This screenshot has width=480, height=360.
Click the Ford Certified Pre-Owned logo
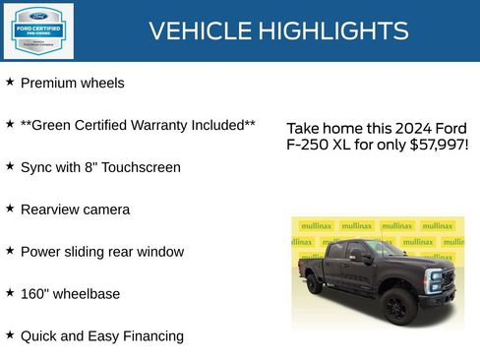(x=38, y=30)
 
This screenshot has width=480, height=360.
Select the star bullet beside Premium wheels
(x=10, y=83)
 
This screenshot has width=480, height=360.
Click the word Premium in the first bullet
(x=48, y=84)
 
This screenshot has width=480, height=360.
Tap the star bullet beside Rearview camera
(x=10, y=209)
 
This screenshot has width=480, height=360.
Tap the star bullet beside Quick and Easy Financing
(x=10, y=334)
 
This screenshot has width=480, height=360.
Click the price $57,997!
(x=439, y=146)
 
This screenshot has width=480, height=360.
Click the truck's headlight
(x=434, y=276)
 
